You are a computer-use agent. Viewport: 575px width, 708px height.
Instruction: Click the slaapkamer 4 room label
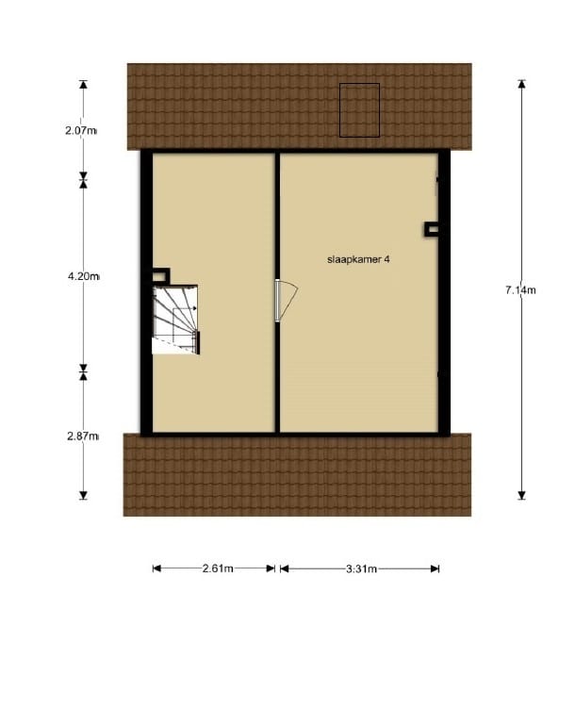coord(358,259)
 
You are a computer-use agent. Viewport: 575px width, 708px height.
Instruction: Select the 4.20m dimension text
coord(82,276)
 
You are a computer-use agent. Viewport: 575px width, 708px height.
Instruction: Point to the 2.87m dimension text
coord(82,436)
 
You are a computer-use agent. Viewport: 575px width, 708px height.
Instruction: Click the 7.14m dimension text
coord(520,290)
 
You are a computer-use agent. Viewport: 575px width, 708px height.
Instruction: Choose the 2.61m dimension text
coord(217,568)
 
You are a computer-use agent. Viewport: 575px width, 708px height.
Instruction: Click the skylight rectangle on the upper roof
coord(359,110)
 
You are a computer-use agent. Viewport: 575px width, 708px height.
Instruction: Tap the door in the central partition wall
coord(284,301)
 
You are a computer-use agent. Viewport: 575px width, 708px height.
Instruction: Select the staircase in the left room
coord(176,321)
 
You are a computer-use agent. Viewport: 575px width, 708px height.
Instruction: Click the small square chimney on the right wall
coord(432,227)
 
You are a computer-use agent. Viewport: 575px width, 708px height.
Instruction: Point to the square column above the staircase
coord(160,276)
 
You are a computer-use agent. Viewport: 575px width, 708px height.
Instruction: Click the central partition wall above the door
coord(277,217)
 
